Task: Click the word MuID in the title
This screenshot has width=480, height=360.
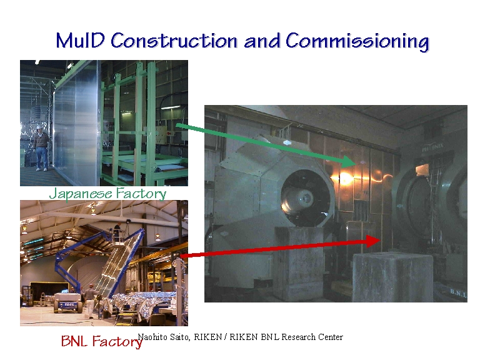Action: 81,41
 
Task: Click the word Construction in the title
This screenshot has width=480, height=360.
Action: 174,41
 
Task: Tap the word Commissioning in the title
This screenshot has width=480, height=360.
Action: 357,42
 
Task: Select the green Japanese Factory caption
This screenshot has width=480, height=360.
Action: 107,194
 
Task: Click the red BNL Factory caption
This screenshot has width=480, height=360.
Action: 102,341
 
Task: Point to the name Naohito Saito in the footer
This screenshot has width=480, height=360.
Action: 164,337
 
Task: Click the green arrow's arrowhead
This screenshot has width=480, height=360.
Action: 348,161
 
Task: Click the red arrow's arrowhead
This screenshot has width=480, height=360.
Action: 374,241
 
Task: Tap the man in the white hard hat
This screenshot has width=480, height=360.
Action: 41,147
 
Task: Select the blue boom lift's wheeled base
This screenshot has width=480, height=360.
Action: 68,302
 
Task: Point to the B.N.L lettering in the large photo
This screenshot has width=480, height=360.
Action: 458,293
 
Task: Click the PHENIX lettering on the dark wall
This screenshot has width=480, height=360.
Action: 432,147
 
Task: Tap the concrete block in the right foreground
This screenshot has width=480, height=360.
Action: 393,277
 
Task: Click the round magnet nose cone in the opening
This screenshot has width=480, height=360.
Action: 303,199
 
